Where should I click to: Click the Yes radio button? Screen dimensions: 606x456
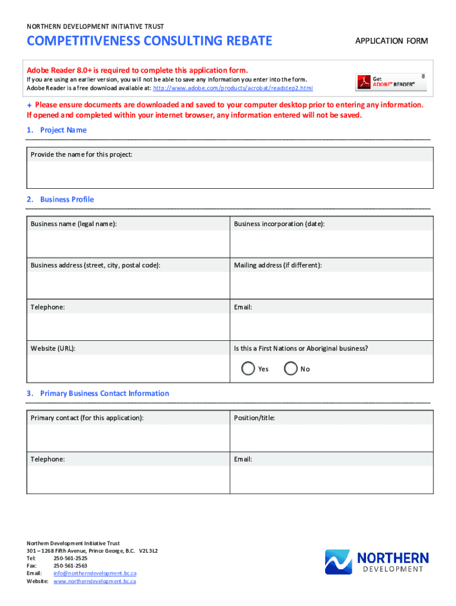click(x=249, y=369)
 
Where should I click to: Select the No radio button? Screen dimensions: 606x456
click(x=291, y=369)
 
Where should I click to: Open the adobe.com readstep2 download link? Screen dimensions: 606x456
click(x=233, y=88)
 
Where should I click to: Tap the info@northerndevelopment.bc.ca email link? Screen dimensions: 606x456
click(x=95, y=573)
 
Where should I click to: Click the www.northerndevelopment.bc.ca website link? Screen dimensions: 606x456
click(x=95, y=581)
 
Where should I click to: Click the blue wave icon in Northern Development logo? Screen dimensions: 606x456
click(x=338, y=562)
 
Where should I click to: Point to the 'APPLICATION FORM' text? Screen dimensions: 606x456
click(x=391, y=41)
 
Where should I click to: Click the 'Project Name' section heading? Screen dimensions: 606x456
click(x=63, y=130)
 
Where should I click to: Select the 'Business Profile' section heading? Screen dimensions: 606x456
click(x=67, y=199)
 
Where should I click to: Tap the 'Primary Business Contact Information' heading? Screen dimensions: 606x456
click(x=104, y=394)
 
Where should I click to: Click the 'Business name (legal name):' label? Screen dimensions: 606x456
click(x=74, y=224)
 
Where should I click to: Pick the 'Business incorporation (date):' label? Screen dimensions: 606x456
click(x=279, y=224)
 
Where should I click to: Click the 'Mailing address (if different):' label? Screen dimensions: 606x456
click(x=278, y=265)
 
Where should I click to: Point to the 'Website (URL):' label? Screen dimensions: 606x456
click(x=53, y=349)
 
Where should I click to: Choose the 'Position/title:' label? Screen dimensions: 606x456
click(x=254, y=418)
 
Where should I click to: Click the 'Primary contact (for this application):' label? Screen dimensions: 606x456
click(x=87, y=418)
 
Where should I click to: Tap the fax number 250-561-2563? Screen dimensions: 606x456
click(x=70, y=566)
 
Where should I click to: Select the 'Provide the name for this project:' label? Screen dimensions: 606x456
click(x=82, y=154)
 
